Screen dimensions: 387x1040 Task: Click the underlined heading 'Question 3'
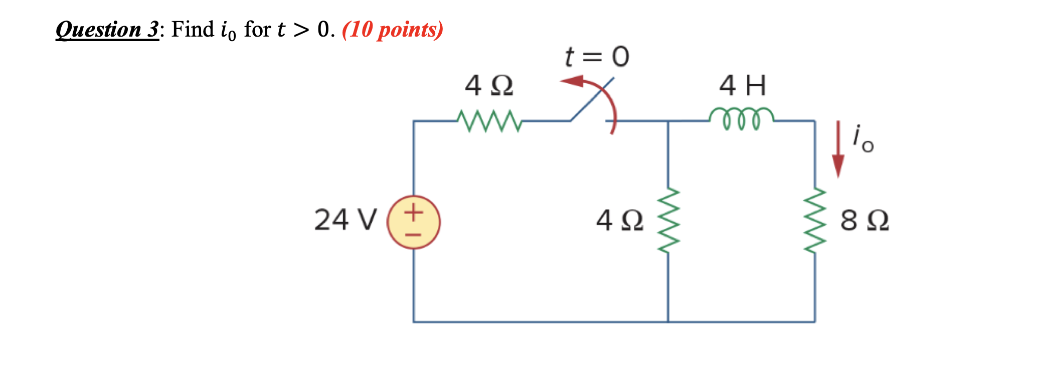107,30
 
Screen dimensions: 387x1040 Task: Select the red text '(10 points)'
393,30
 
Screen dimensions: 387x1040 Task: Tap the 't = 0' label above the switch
597,57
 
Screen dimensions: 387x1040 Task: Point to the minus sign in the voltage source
414,234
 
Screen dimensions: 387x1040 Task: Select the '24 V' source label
345,220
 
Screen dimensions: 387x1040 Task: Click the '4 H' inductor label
743,86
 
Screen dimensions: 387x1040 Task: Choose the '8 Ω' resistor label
864,221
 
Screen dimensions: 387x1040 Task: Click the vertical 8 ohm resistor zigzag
815,221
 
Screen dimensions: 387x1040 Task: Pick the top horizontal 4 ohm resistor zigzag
489,121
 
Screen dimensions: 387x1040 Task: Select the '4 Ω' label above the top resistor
489,86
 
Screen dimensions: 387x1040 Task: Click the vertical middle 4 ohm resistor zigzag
668,221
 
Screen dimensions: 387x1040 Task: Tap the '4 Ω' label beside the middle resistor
619,221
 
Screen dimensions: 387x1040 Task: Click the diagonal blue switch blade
592,99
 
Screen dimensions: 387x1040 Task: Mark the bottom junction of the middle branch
668,322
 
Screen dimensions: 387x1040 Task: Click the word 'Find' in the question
193,30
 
